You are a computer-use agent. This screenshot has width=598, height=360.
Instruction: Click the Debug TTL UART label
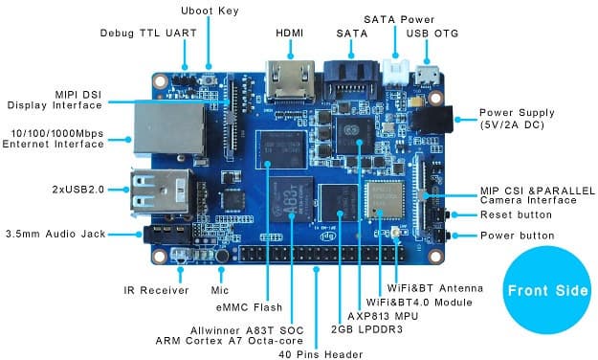click(148, 33)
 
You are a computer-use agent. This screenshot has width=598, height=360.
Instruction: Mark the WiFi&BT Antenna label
click(435, 287)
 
